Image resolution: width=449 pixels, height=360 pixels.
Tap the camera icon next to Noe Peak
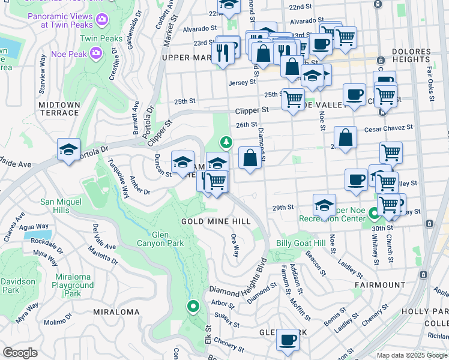pos(95,54)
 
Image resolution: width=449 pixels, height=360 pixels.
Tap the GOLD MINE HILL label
pos(207,221)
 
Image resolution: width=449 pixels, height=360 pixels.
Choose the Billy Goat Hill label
pos(301,244)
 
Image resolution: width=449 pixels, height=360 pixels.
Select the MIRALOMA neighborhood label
pos(117,312)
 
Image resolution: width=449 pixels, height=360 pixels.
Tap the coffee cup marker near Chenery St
pos(288,339)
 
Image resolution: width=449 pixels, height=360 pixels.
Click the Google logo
pos(20,353)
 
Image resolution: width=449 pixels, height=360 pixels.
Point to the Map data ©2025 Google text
pos(412,355)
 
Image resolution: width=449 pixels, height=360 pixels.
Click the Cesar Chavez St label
pos(389,128)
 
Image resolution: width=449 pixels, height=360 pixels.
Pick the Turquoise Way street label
pos(119,178)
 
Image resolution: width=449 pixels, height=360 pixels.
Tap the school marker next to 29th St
pos(324,205)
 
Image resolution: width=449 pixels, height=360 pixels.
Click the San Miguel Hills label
pos(62,205)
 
